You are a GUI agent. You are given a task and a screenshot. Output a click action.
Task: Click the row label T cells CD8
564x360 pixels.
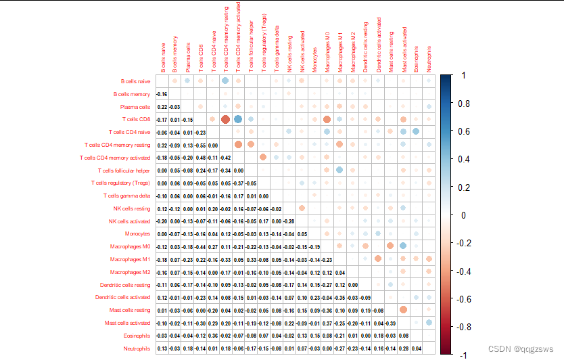(135, 119)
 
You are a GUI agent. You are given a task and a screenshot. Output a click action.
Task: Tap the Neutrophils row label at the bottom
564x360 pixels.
(136, 348)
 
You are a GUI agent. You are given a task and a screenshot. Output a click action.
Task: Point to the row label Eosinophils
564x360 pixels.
(136, 336)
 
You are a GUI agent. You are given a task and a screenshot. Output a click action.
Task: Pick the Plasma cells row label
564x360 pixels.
(135, 107)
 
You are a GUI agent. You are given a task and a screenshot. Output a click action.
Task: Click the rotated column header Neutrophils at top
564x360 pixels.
(429, 58)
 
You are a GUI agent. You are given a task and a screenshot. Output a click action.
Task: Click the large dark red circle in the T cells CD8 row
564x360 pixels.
(225, 119)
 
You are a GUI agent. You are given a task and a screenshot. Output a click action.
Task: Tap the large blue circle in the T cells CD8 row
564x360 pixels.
(238, 119)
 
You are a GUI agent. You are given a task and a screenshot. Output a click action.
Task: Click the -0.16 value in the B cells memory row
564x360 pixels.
(162, 93)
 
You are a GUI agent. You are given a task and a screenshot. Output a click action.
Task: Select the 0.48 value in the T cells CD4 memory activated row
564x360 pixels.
(200, 158)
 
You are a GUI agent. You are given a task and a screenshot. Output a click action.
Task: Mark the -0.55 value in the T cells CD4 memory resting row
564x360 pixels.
(200, 145)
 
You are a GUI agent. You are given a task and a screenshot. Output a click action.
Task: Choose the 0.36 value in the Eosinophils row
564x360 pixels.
(213, 336)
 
